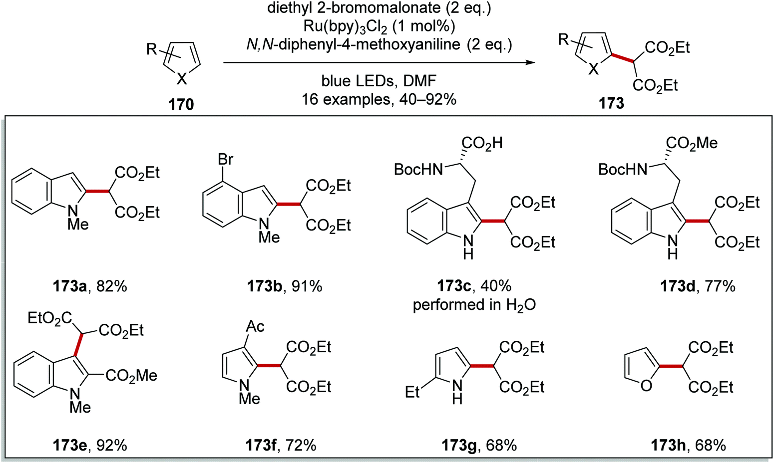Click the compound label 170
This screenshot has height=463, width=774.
[x=182, y=104]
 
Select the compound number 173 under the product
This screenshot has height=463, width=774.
[x=612, y=103]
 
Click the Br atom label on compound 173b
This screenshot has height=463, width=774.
[x=226, y=160]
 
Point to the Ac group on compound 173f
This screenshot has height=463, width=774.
[x=255, y=326]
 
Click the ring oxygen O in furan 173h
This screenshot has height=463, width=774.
[x=646, y=386]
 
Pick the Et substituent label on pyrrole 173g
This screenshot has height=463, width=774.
[x=412, y=393]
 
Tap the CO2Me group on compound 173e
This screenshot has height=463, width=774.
[x=132, y=375]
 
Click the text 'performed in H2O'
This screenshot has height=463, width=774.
[x=474, y=305]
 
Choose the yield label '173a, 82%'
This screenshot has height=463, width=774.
[x=90, y=286]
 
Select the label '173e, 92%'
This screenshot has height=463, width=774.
[x=90, y=445]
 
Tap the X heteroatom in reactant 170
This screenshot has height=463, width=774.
[x=182, y=78]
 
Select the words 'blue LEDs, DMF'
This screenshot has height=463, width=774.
[x=379, y=81]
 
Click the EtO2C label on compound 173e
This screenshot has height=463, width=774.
[x=49, y=318]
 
